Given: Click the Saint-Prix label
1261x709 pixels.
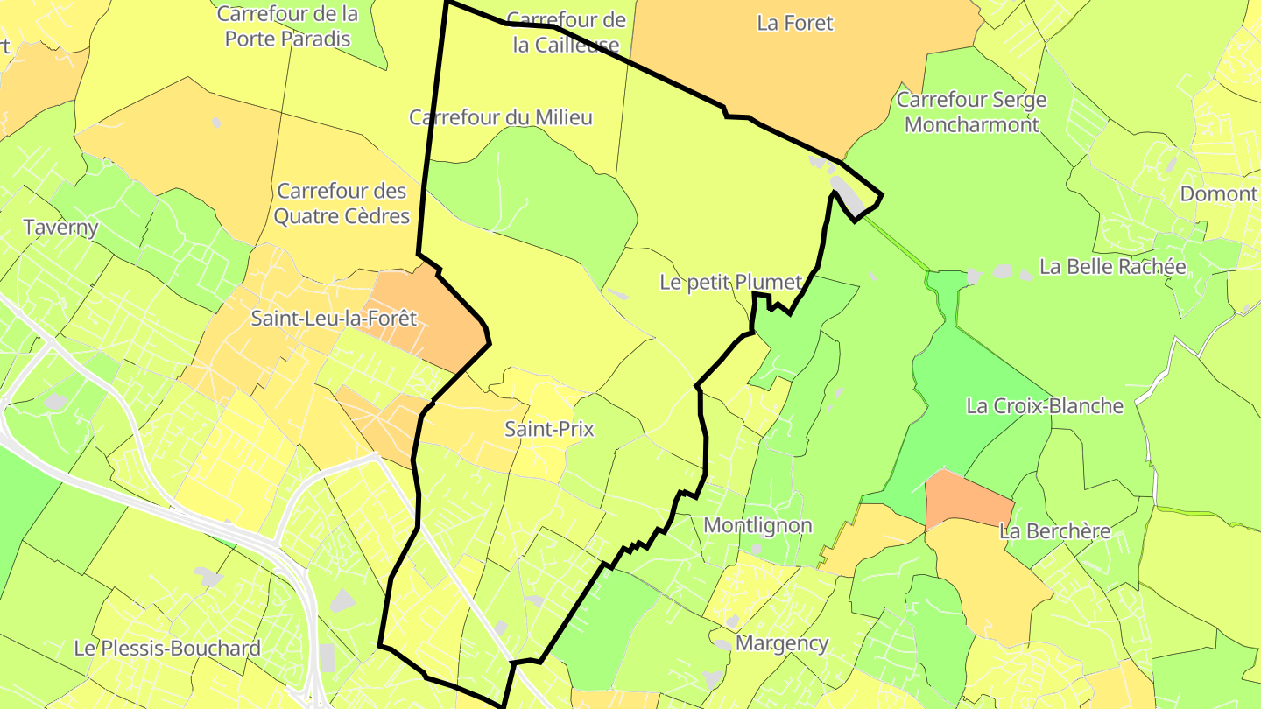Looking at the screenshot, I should tap(549, 429).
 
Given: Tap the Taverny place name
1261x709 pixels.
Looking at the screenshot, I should tap(60, 228).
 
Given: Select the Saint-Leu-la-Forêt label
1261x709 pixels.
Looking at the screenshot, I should tap(334, 319).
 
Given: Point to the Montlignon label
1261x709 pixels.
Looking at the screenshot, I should tap(757, 525).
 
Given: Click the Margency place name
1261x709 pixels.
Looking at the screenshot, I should tap(782, 643).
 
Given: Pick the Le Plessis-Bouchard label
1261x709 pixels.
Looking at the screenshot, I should tap(167, 649).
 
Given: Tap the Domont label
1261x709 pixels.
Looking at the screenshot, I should tap(1218, 193).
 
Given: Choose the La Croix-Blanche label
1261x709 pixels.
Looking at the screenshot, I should tap(1045, 406).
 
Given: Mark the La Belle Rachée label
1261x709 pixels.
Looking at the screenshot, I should tap(1112, 267).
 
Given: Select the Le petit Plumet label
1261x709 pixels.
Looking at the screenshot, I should tap(730, 282).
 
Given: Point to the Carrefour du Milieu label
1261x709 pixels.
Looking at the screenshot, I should tap(501, 117).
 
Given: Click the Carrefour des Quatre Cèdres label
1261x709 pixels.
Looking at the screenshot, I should tap(342, 203).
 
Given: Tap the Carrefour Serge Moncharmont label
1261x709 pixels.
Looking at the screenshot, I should tap(971, 112).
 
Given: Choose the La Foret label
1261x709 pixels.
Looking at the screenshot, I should tap(795, 24).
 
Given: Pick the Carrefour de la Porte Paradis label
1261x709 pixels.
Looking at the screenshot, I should tap(287, 26).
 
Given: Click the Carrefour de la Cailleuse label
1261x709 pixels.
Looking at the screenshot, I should tap(567, 32).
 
